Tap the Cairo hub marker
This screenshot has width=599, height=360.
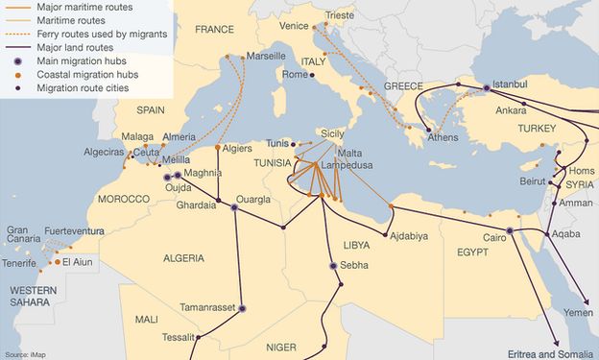tap(510, 231)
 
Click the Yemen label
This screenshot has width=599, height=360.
tap(578, 313)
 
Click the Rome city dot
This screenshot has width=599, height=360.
tap(311, 75)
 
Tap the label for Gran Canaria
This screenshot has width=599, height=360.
tap(24, 236)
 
